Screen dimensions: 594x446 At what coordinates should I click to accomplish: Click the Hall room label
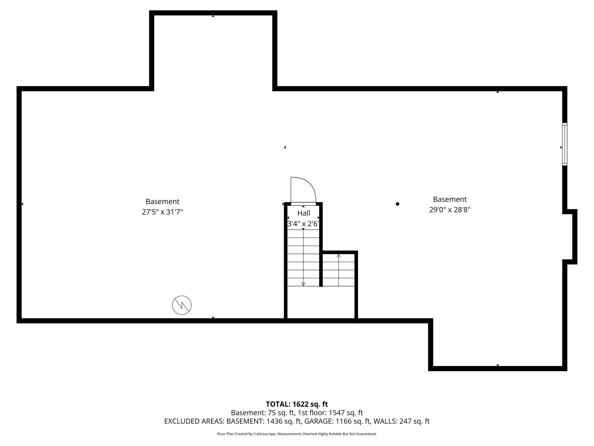click(x=304, y=213)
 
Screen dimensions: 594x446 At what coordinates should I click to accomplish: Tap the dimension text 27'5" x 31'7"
click(x=162, y=212)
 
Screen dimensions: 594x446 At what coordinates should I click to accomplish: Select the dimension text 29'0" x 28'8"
click(x=450, y=210)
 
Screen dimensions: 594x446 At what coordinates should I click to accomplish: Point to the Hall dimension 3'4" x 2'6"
click(x=303, y=224)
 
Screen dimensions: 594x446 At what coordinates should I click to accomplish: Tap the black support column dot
click(x=397, y=204)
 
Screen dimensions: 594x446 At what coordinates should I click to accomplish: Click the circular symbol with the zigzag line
click(x=182, y=305)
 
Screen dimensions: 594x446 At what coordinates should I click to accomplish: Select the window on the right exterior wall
click(x=565, y=144)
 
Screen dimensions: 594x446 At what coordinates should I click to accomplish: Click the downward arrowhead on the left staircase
click(x=303, y=284)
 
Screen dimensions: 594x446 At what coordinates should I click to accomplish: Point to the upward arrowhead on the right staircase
click(x=339, y=256)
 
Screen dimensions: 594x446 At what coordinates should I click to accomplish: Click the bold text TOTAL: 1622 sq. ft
click(x=297, y=404)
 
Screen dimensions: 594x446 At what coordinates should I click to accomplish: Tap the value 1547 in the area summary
click(x=336, y=413)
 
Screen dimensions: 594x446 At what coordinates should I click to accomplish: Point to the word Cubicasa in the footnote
click(x=260, y=434)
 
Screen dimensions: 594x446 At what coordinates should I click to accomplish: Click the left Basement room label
click(x=162, y=202)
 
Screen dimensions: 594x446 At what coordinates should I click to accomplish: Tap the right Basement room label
click(x=450, y=200)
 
